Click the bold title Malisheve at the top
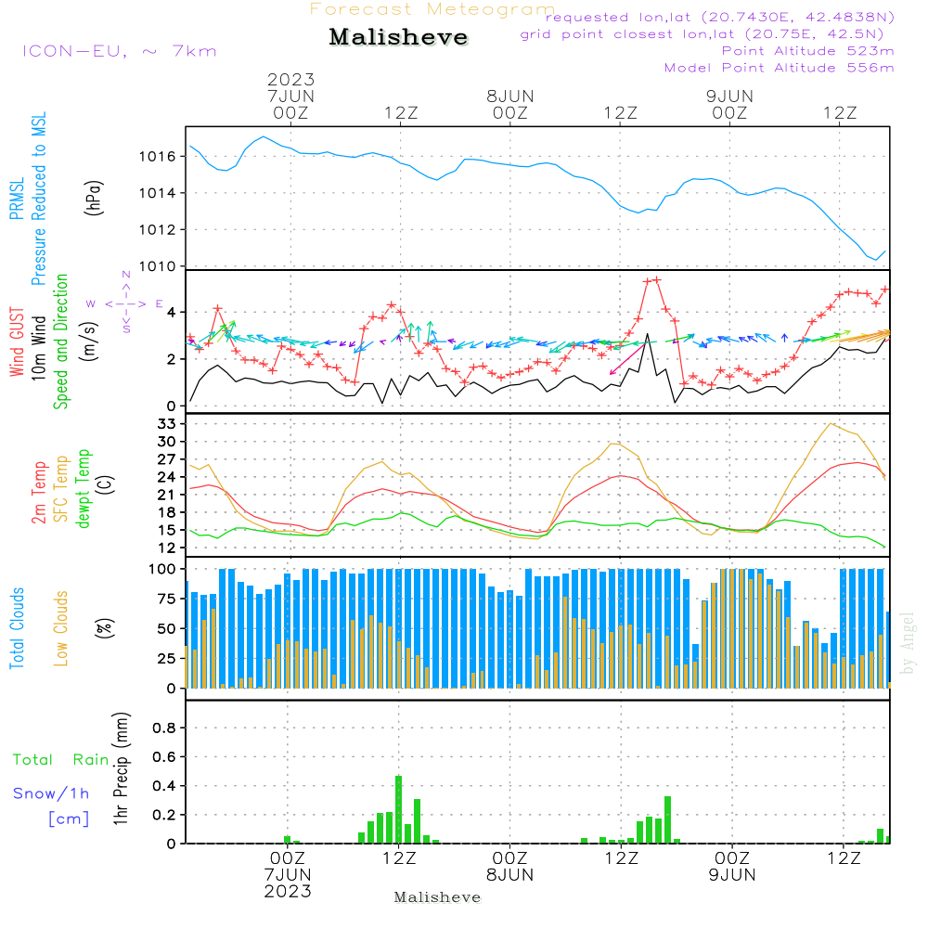coord(398,37)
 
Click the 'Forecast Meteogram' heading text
coord(432,9)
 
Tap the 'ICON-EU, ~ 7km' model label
coord(120,51)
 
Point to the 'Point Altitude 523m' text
coord(808,51)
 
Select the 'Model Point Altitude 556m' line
coord(779,68)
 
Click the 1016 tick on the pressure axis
coord(158,156)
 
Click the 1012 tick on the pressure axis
coord(158,229)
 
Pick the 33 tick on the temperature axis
coord(167,424)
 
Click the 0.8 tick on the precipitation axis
coord(164,728)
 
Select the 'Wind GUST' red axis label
coord(17,342)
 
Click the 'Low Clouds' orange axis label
coord(61,628)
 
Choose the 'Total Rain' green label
coord(61,760)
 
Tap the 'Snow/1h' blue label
coord(51,793)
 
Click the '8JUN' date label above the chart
coord(510,96)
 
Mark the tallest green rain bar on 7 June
coord(398,809)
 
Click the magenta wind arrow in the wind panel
coord(627,360)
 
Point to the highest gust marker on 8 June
coord(657,280)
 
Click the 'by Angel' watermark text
coord(908,643)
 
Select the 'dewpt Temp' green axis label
coord(83,488)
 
